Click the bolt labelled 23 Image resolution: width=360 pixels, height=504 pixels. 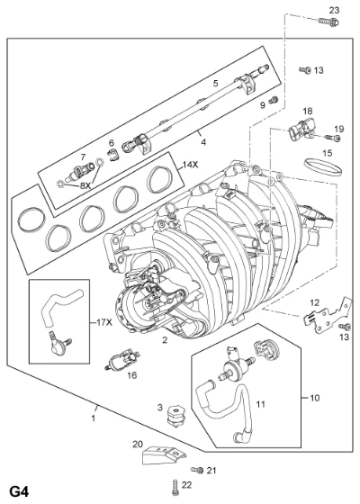point(328,22)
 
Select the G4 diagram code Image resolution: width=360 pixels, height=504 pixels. point(19,491)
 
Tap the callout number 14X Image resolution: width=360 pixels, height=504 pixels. point(190,165)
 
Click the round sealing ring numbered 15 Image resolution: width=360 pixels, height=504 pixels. point(323,168)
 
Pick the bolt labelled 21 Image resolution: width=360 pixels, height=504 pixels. point(197,470)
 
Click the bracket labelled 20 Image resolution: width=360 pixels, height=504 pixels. point(163,454)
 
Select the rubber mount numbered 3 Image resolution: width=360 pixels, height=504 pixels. point(175,416)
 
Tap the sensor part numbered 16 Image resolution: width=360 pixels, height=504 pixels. point(122,360)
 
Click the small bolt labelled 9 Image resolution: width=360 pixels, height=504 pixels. point(274,100)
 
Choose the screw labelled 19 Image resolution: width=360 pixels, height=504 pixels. point(333,138)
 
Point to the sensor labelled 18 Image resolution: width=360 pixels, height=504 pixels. point(301,130)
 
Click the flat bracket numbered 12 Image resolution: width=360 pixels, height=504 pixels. point(328,316)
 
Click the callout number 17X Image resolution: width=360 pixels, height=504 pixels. point(104,322)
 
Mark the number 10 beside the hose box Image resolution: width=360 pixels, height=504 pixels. point(315,398)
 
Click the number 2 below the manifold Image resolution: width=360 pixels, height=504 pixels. point(165,340)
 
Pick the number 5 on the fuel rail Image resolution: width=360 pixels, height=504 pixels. point(215,83)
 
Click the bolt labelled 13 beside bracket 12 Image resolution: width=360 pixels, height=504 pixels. point(345,328)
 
